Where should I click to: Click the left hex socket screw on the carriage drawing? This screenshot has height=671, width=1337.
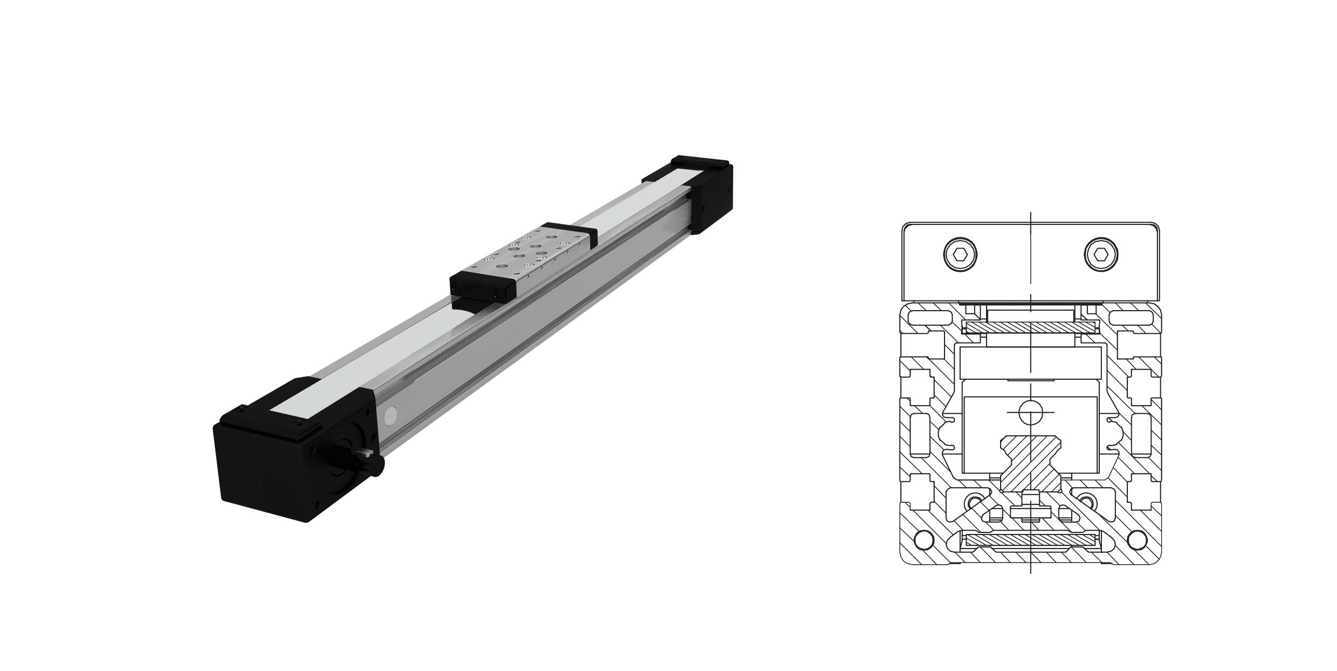coord(961,252)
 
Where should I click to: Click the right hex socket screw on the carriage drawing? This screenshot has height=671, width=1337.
coord(1101,252)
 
